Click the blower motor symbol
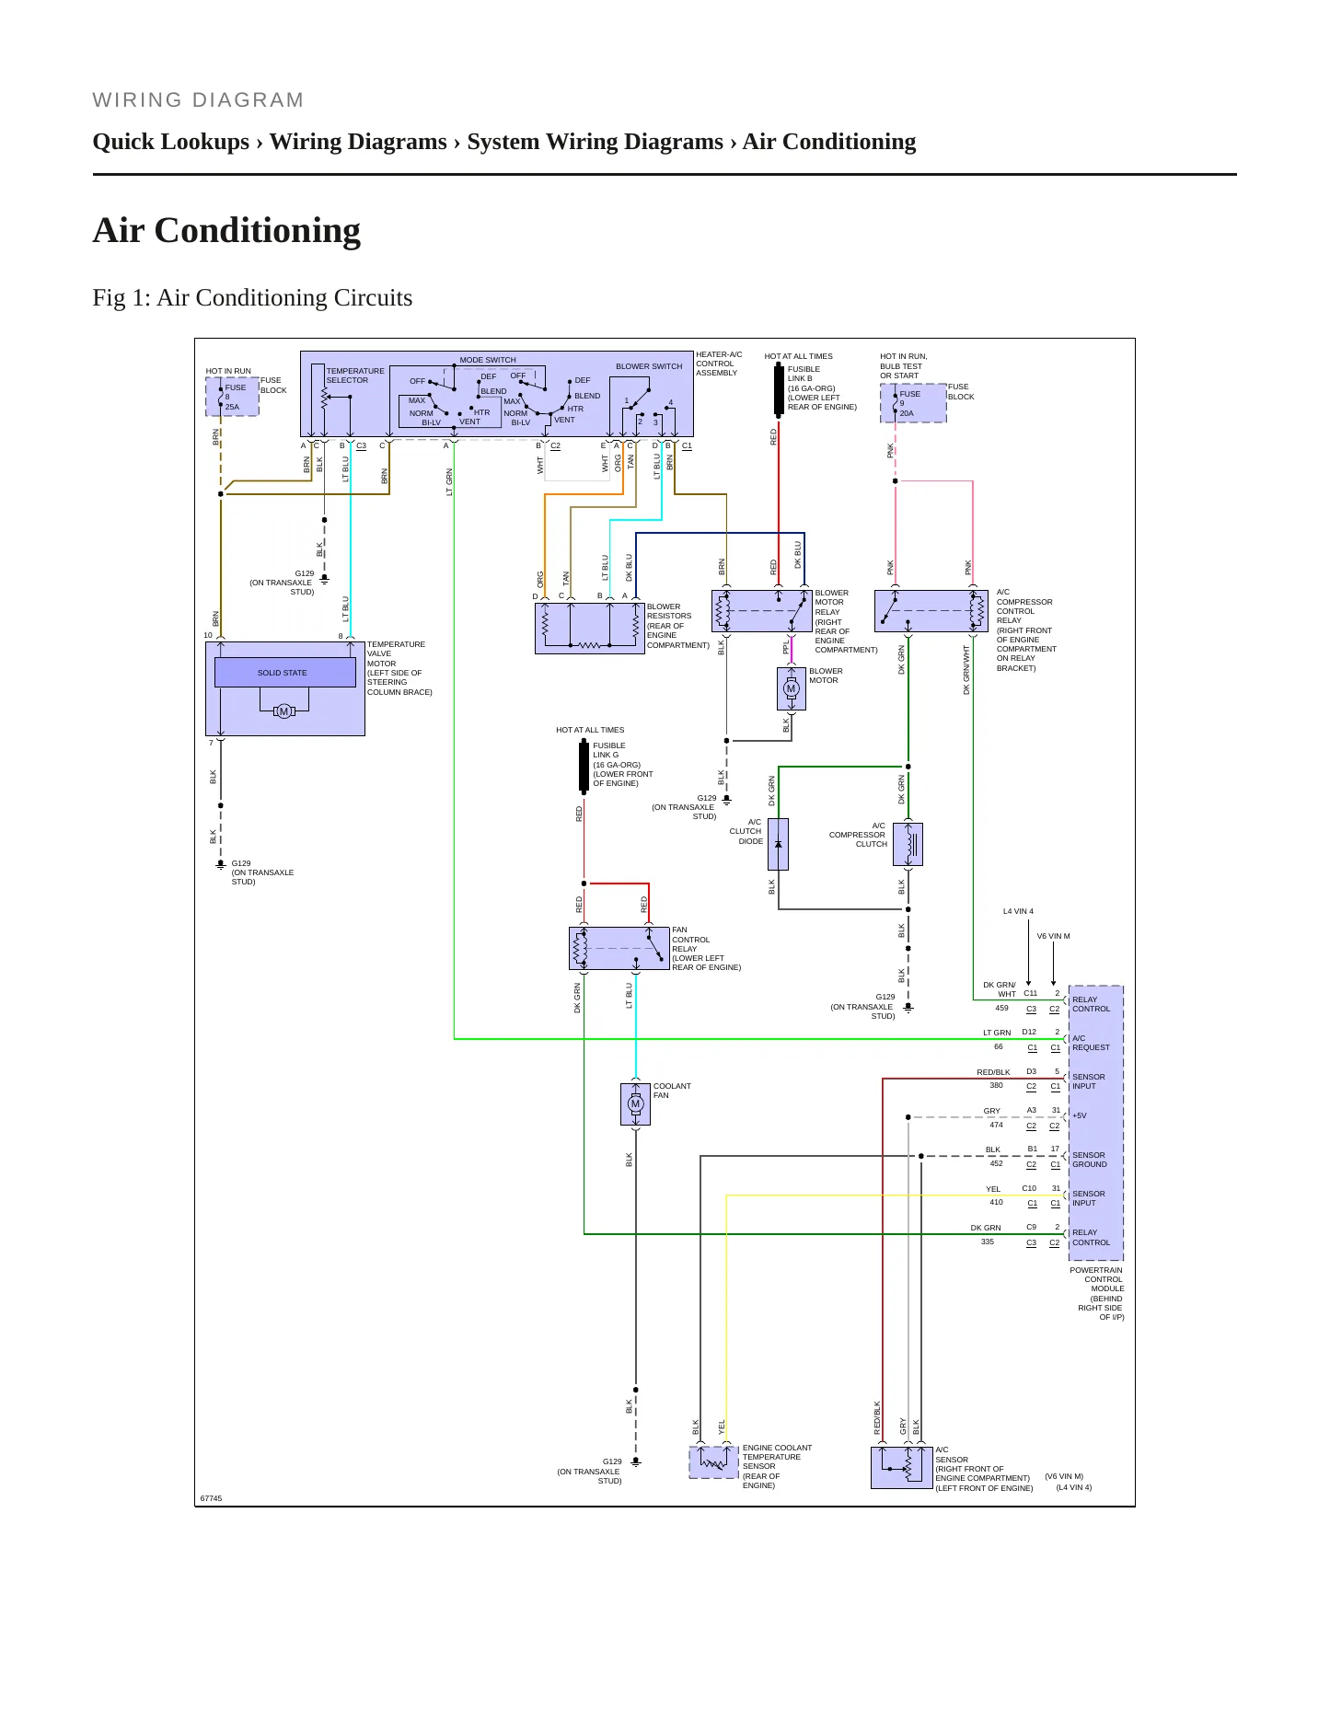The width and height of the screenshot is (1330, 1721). point(791,688)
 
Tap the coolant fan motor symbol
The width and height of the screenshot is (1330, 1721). point(635,1104)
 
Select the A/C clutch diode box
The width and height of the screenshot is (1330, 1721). point(778,844)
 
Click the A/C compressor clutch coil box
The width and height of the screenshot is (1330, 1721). point(908,844)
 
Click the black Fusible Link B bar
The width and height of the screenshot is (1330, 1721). point(779,389)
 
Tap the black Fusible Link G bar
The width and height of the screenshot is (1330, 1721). point(584,766)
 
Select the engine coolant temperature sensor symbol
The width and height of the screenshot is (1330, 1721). point(713,1462)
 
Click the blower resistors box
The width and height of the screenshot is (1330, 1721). point(590,629)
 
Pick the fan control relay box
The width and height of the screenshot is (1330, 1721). point(619,949)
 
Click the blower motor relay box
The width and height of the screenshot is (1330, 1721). point(762,611)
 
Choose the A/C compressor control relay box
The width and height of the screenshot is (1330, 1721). point(931,611)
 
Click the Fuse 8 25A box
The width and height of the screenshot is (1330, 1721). point(232,397)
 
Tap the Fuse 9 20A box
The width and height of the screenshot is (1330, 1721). point(913,403)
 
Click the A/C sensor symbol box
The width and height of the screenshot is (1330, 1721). point(902,1468)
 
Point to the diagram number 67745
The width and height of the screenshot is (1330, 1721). point(211,1498)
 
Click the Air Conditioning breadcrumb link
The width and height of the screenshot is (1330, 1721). point(829,142)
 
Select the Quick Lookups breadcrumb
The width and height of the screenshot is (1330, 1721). point(171,142)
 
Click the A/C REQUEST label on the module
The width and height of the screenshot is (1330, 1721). point(1091,1043)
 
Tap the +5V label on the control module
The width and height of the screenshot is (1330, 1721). point(1080,1115)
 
